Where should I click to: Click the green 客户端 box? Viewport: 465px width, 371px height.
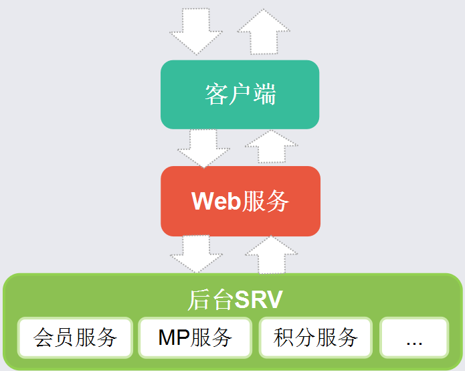(x=240, y=94)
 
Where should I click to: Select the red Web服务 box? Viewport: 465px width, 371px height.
(x=240, y=201)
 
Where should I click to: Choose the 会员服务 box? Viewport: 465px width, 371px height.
(x=75, y=338)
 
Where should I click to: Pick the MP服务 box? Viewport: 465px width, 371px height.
(x=195, y=338)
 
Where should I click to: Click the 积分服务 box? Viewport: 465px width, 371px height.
(x=316, y=338)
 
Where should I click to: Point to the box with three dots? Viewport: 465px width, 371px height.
(x=413, y=338)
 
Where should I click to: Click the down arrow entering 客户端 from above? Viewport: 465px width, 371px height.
(x=195, y=30)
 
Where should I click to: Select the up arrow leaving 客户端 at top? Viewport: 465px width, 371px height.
(x=263, y=31)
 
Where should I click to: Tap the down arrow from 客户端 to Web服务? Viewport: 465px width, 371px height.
(x=203, y=147)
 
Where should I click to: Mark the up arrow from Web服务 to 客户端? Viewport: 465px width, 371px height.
(x=271, y=147)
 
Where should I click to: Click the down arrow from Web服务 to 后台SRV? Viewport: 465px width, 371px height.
(x=196, y=254)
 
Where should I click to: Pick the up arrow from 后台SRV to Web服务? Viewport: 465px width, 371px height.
(x=270, y=254)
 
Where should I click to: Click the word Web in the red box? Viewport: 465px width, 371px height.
(x=215, y=201)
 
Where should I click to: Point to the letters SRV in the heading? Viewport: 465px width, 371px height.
(x=258, y=299)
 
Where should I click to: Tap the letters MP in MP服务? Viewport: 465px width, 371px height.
(x=173, y=338)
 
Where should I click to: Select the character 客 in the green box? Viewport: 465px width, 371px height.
(x=215, y=94)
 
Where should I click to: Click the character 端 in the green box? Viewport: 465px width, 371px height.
(x=264, y=94)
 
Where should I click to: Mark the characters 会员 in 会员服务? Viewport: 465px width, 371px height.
(x=54, y=338)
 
